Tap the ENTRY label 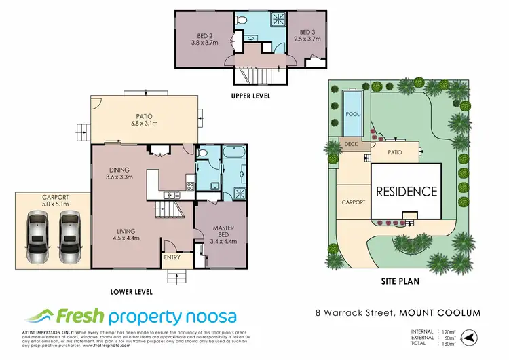tap(172, 257)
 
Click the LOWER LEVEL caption tap(130, 292)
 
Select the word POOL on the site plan tap(352, 114)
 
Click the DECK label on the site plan tap(351, 144)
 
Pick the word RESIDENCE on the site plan tap(407, 192)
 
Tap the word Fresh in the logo tap(80, 317)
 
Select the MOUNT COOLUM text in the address tap(441, 312)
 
